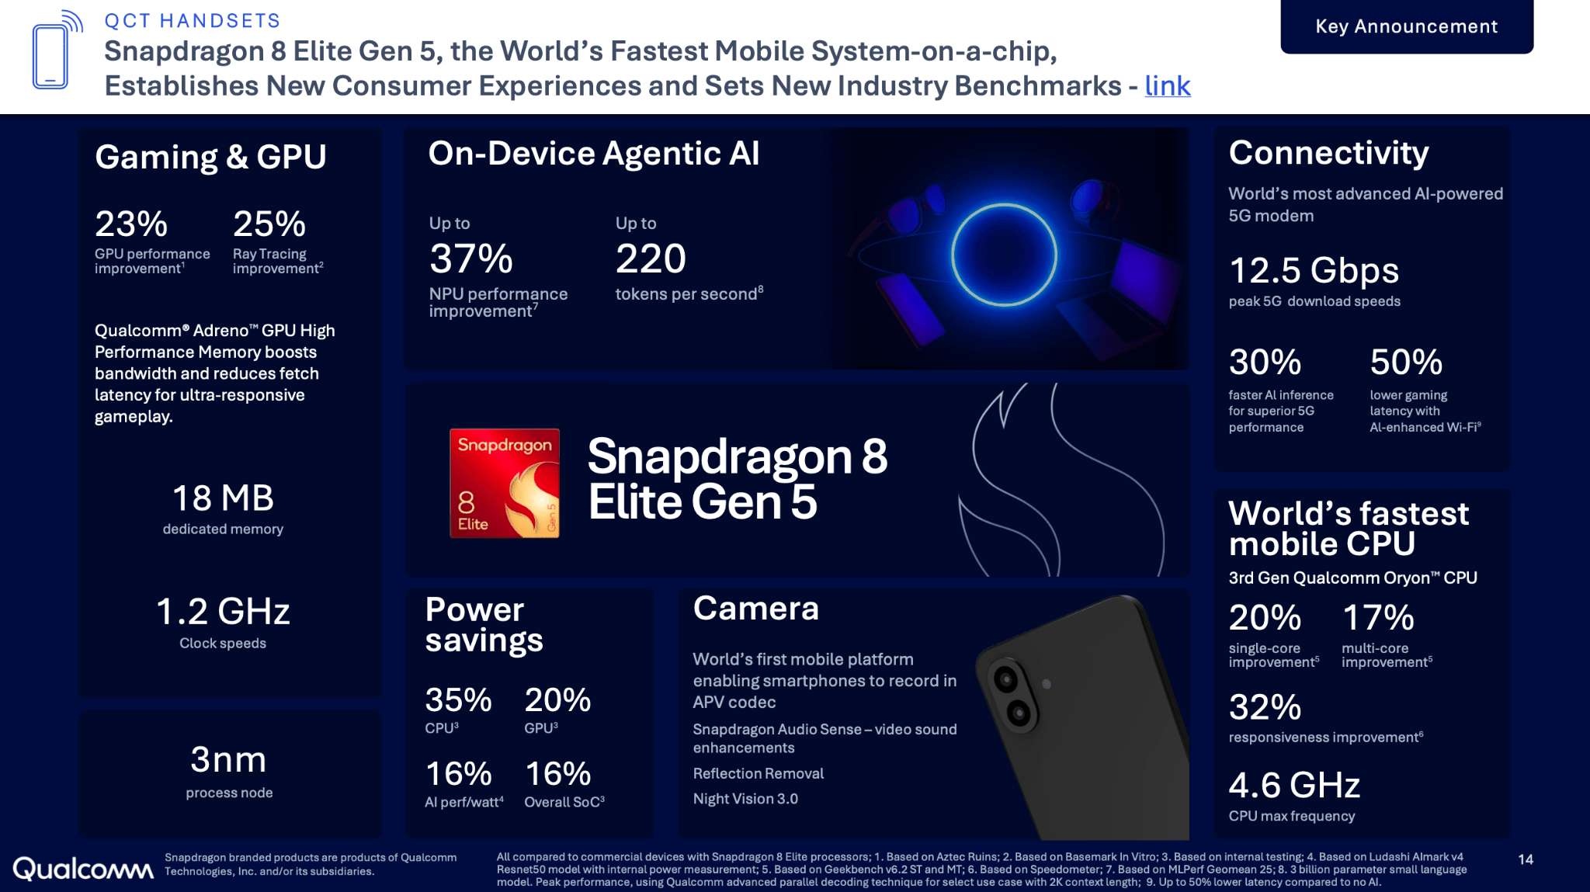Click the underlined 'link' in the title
point(1167,86)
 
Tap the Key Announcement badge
point(1406,26)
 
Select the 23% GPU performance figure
point(131,224)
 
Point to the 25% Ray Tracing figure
point(269,224)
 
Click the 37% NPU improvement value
point(471,259)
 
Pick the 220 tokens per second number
point(651,259)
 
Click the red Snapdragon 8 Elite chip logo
point(505,483)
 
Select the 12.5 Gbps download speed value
point(1314,271)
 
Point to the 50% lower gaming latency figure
point(1406,363)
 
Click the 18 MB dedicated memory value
point(223,498)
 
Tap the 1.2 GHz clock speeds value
point(223,612)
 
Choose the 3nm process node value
point(228,760)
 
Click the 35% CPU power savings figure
point(458,700)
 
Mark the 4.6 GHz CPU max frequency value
point(1294,786)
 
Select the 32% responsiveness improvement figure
point(1265,707)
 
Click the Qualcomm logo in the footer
point(83,869)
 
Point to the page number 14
point(1526,859)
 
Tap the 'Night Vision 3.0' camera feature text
point(745,799)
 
